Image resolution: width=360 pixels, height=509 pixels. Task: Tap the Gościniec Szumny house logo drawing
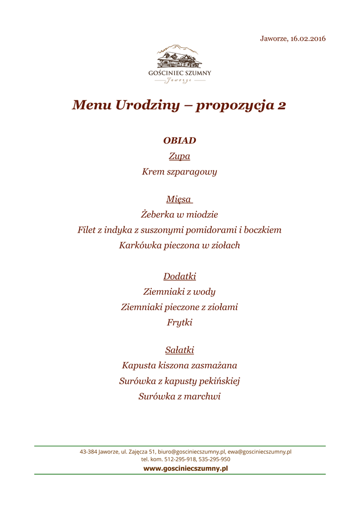pos(180,58)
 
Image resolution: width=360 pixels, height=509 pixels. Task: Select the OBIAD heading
pos(180,141)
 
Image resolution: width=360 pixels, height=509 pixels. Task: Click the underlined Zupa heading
pos(180,156)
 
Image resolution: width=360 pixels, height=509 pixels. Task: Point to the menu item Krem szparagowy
pos(180,172)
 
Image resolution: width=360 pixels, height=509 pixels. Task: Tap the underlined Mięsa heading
pos(179,199)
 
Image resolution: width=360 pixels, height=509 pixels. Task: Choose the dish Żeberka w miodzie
pos(180,214)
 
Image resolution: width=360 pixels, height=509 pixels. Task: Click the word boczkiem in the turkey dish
pos(260,230)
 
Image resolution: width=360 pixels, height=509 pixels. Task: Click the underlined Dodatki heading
pos(180,276)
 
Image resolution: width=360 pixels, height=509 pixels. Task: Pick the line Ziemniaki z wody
pos(180,291)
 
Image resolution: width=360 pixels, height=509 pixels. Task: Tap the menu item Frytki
pos(180,322)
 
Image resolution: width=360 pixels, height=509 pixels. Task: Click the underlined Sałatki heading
pos(180,350)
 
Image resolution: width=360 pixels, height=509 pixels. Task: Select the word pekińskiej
pos(219,381)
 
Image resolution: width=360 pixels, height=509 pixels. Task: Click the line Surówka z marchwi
pos(180,397)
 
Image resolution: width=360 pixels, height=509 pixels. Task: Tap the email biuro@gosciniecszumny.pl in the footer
pos(191,452)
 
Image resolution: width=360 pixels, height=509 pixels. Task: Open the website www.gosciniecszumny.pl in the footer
pos(185,468)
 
